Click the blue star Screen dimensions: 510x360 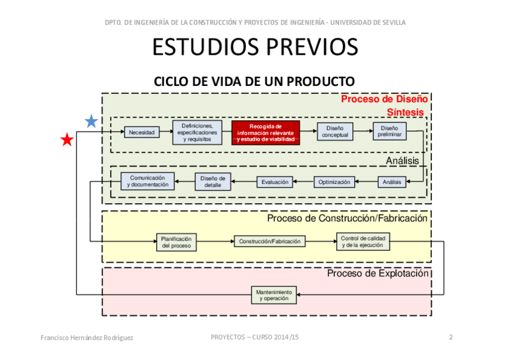coord(91,121)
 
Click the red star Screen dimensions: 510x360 coord(67,140)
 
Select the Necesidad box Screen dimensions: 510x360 coord(142,132)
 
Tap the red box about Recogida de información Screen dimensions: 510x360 coord(265,132)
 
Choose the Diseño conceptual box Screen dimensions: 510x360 coord(335,132)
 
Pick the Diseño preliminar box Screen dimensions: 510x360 coord(389,131)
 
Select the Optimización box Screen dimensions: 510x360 coord(334,182)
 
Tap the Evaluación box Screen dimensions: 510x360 coord(274,182)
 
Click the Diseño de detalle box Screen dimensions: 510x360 coord(213,182)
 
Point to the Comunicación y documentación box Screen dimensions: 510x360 coord(147,182)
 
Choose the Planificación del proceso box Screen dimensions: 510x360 coord(176,242)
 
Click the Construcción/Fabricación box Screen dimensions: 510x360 coord(269,241)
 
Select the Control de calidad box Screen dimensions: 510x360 coord(362,242)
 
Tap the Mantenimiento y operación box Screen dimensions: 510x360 coord(274,294)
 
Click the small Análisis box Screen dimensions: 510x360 coord(392,182)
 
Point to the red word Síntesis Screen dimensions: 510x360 coord(405,112)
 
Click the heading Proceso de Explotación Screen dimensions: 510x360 coord(378,273)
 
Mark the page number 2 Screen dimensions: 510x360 coord(450,337)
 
